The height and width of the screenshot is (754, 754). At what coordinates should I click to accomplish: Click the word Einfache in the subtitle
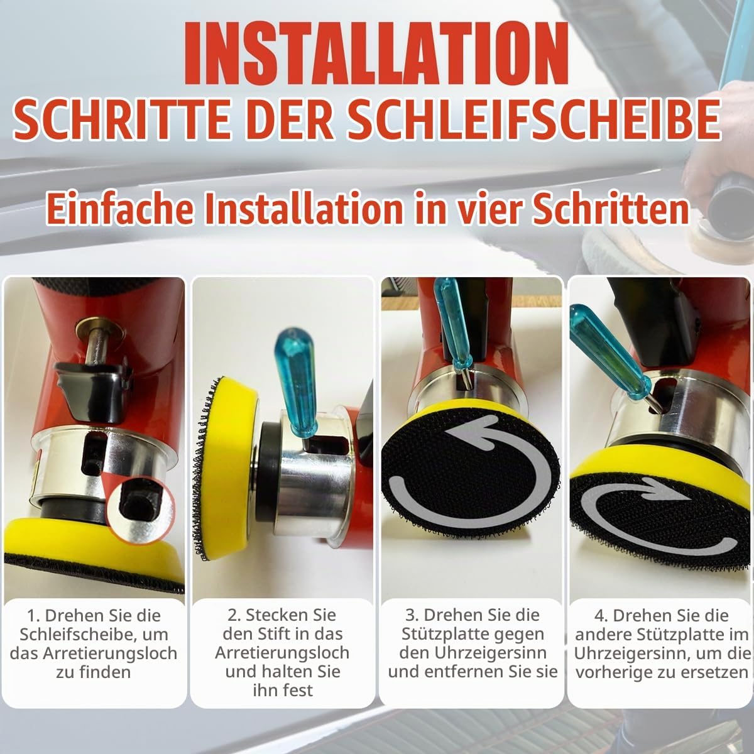pyautogui.click(x=120, y=208)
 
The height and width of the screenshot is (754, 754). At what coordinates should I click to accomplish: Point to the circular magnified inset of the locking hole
pyautogui.click(x=140, y=511)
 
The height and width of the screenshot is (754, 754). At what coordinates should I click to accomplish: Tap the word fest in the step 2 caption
pyautogui.click(x=299, y=690)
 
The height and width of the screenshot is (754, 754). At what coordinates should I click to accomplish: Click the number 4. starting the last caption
pyautogui.click(x=601, y=616)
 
